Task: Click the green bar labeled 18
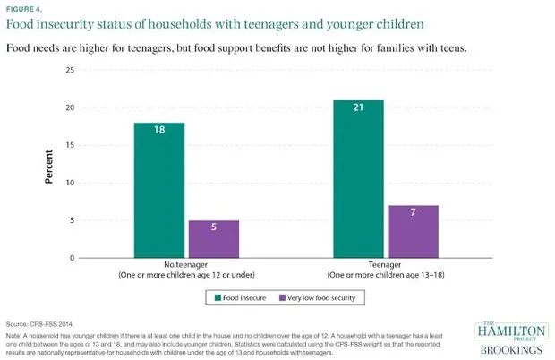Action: (159, 190)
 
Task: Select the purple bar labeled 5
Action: (213, 239)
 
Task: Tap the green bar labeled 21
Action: (357, 179)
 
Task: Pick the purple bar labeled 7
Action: (412, 231)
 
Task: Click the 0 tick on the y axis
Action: (71, 258)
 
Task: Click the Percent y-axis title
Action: (49, 165)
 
